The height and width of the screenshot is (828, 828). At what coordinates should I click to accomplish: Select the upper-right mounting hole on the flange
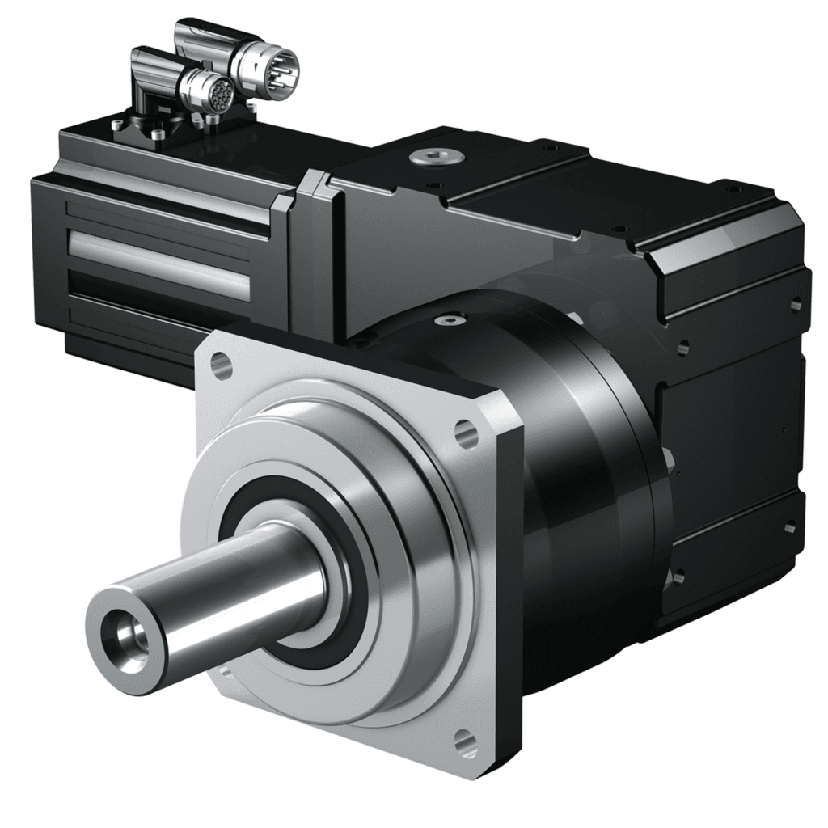coord(466,434)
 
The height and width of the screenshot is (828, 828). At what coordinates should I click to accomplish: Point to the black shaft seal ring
coord(243,517)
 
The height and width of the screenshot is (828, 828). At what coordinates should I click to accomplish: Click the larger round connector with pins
coord(276,72)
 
